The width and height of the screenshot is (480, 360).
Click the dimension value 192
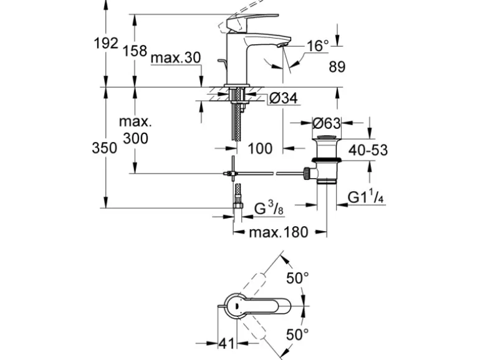point(105,44)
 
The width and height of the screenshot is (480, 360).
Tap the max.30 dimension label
point(176,58)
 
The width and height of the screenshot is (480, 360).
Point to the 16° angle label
point(317,45)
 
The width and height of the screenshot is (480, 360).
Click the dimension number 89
point(337,67)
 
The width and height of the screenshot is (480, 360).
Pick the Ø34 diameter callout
point(284,98)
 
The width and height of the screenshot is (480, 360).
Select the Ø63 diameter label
point(326,122)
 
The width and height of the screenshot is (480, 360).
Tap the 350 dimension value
point(105,148)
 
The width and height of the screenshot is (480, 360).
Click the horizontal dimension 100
point(260,148)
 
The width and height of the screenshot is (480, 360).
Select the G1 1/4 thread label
point(365,198)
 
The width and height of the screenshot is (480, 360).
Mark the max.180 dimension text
point(279,233)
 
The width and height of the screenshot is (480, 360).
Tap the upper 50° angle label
point(297,278)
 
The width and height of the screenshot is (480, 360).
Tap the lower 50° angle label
point(297,334)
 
